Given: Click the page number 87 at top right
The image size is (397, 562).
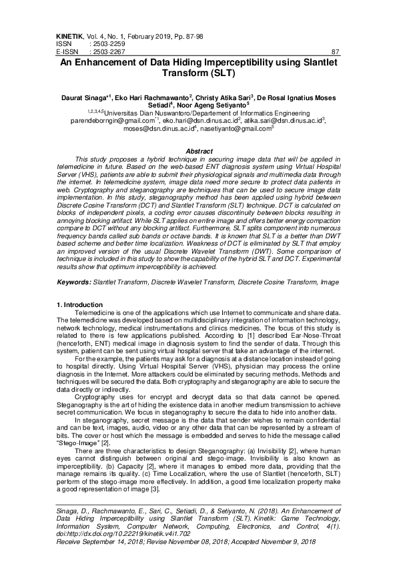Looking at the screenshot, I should [336, 51].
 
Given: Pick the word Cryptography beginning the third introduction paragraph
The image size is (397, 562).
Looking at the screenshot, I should [95, 378].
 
